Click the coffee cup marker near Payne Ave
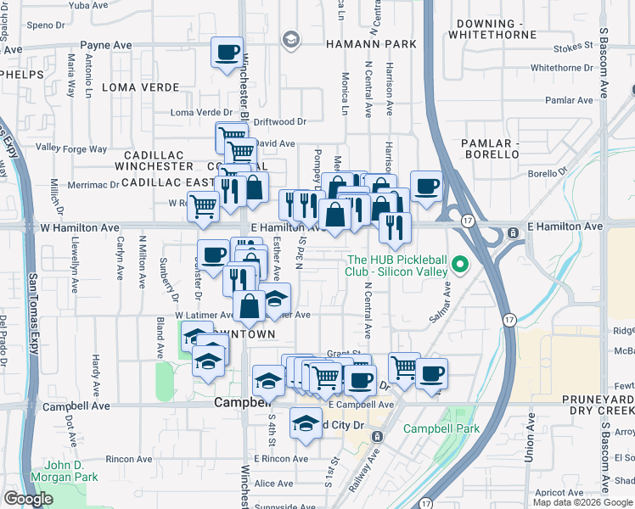click(x=227, y=53)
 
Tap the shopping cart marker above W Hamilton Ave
click(x=203, y=204)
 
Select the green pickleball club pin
click(x=461, y=266)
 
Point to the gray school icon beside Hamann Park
click(x=291, y=39)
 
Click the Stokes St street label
click(x=570, y=50)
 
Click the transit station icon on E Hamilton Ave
click(x=513, y=232)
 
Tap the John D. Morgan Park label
click(x=71, y=471)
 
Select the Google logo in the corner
click(x=28, y=499)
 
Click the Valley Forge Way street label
click(x=71, y=148)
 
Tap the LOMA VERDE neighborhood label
click(x=141, y=87)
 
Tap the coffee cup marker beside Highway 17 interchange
click(x=426, y=185)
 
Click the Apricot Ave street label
click(x=559, y=492)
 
